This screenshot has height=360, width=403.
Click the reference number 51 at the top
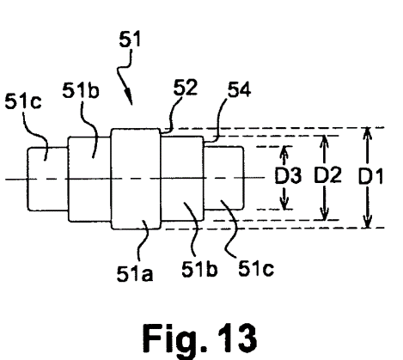pyautogui.click(x=130, y=39)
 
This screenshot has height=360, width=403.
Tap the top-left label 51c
pyautogui.click(x=23, y=101)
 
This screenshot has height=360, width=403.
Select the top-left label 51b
pyautogui.click(x=81, y=90)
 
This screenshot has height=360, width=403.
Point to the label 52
pyautogui.click(x=186, y=88)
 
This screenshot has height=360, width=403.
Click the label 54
pyautogui.click(x=239, y=89)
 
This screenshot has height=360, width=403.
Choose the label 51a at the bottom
pyautogui.click(x=135, y=273)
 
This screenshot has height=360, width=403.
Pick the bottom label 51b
pyautogui.click(x=199, y=269)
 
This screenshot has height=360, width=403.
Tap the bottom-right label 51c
pyautogui.click(x=256, y=268)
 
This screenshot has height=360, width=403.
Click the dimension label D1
pyautogui.click(x=371, y=176)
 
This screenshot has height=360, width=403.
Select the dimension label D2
pyautogui.click(x=327, y=175)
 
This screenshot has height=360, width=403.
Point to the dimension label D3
pyautogui.click(x=288, y=175)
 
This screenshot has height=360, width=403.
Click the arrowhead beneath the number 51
pyautogui.click(x=128, y=97)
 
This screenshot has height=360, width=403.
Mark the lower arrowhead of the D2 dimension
pyautogui.click(x=324, y=213)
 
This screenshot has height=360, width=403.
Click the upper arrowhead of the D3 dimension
pyautogui.click(x=284, y=152)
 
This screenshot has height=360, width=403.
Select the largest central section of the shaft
pyautogui.click(x=136, y=179)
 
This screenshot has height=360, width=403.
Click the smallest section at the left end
pyautogui.click(x=48, y=180)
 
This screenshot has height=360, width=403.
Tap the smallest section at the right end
pyautogui.click(x=223, y=178)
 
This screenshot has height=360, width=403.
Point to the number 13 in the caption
pyautogui.click(x=237, y=338)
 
